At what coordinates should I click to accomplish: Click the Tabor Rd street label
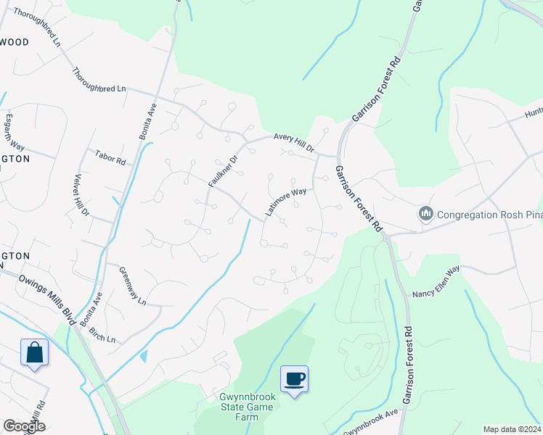pos(110,156)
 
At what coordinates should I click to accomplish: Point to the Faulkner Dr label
pos(223,171)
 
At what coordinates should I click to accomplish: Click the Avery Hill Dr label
pos(294,142)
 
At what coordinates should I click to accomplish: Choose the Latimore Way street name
pos(285,202)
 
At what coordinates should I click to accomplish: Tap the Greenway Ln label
pos(132,284)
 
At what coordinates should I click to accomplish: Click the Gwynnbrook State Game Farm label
pos(246,407)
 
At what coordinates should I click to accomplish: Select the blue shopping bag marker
pos(34,354)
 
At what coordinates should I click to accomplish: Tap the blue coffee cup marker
pos(295,380)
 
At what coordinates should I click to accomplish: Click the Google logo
pos(23,426)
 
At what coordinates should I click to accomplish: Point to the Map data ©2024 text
pos(511,429)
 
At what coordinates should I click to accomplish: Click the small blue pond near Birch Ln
pos(143,356)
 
